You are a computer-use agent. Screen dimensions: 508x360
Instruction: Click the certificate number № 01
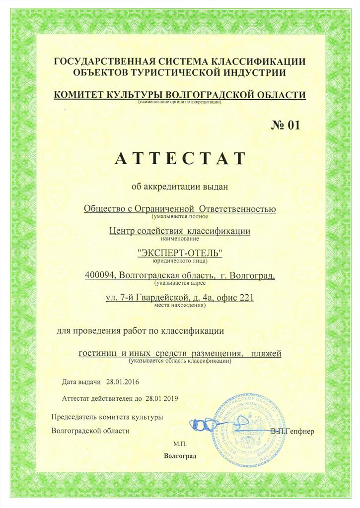click(x=286, y=125)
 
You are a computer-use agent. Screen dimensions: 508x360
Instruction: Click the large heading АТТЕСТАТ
click(x=180, y=158)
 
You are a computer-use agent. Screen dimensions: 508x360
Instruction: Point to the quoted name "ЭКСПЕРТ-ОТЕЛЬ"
click(x=180, y=254)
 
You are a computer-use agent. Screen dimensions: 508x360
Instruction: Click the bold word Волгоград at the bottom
click(x=180, y=455)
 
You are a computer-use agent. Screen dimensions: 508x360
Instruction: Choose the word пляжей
click(x=266, y=353)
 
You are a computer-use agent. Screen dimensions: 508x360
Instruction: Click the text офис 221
click(x=234, y=298)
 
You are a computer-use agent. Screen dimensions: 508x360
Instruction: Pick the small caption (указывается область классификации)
click(x=180, y=361)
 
